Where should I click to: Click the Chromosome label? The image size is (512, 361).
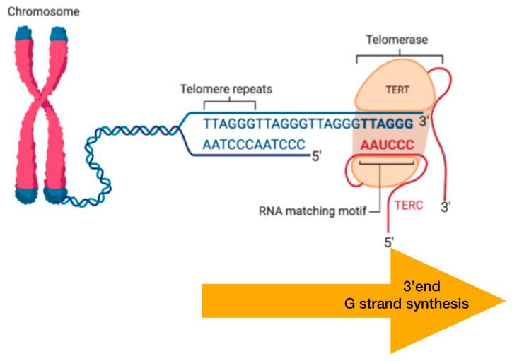pos(39,12)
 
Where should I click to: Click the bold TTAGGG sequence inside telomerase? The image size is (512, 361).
pos(387,122)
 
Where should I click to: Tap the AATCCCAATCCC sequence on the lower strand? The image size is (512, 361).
pos(253,144)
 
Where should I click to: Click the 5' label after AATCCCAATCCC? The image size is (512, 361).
pos(318,153)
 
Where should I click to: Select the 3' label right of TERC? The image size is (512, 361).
pos(446,208)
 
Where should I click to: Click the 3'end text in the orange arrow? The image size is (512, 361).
pos(424,288)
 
